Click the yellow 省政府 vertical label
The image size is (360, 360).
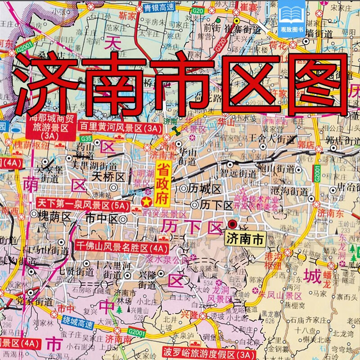pyautogui.click(x=161, y=184)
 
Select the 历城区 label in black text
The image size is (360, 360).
pyautogui.click(x=205, y=188)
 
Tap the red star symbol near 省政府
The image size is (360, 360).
pyautogui.click(x=146, y=201)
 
